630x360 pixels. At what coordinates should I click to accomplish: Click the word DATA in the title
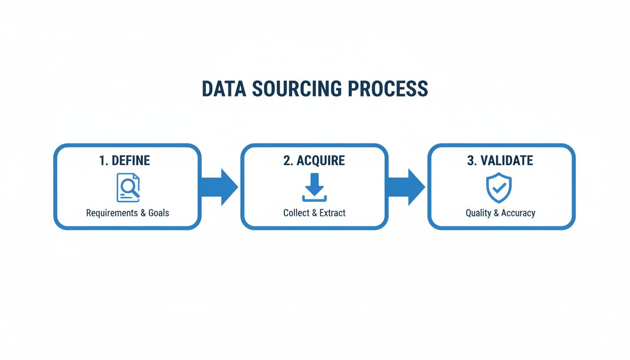(223, 89)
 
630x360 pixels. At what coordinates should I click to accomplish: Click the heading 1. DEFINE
(125, 160)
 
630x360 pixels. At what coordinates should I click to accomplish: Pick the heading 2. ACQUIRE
(314, 160)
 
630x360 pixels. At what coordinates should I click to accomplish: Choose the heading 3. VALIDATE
(500, 160)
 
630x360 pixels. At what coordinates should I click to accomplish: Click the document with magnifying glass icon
(127, 187)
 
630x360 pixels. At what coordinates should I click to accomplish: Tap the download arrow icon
(315, 187)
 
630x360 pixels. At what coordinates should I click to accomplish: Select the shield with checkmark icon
(498, 187)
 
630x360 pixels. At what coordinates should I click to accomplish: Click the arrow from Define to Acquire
(220, 187)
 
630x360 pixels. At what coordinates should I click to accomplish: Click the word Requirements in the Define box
(113, 213)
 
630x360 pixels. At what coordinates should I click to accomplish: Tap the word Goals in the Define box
(158, 213)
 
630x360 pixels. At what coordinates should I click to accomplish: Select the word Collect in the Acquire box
(296, 213)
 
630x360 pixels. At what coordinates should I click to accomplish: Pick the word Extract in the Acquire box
(332, 213)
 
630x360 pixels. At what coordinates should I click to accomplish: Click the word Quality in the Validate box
(478, 213)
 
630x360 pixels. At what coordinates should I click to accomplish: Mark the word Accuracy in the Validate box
(518, 213)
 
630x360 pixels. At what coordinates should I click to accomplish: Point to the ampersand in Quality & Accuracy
(496, 213)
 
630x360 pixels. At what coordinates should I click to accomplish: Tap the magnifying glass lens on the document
(127, 186)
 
